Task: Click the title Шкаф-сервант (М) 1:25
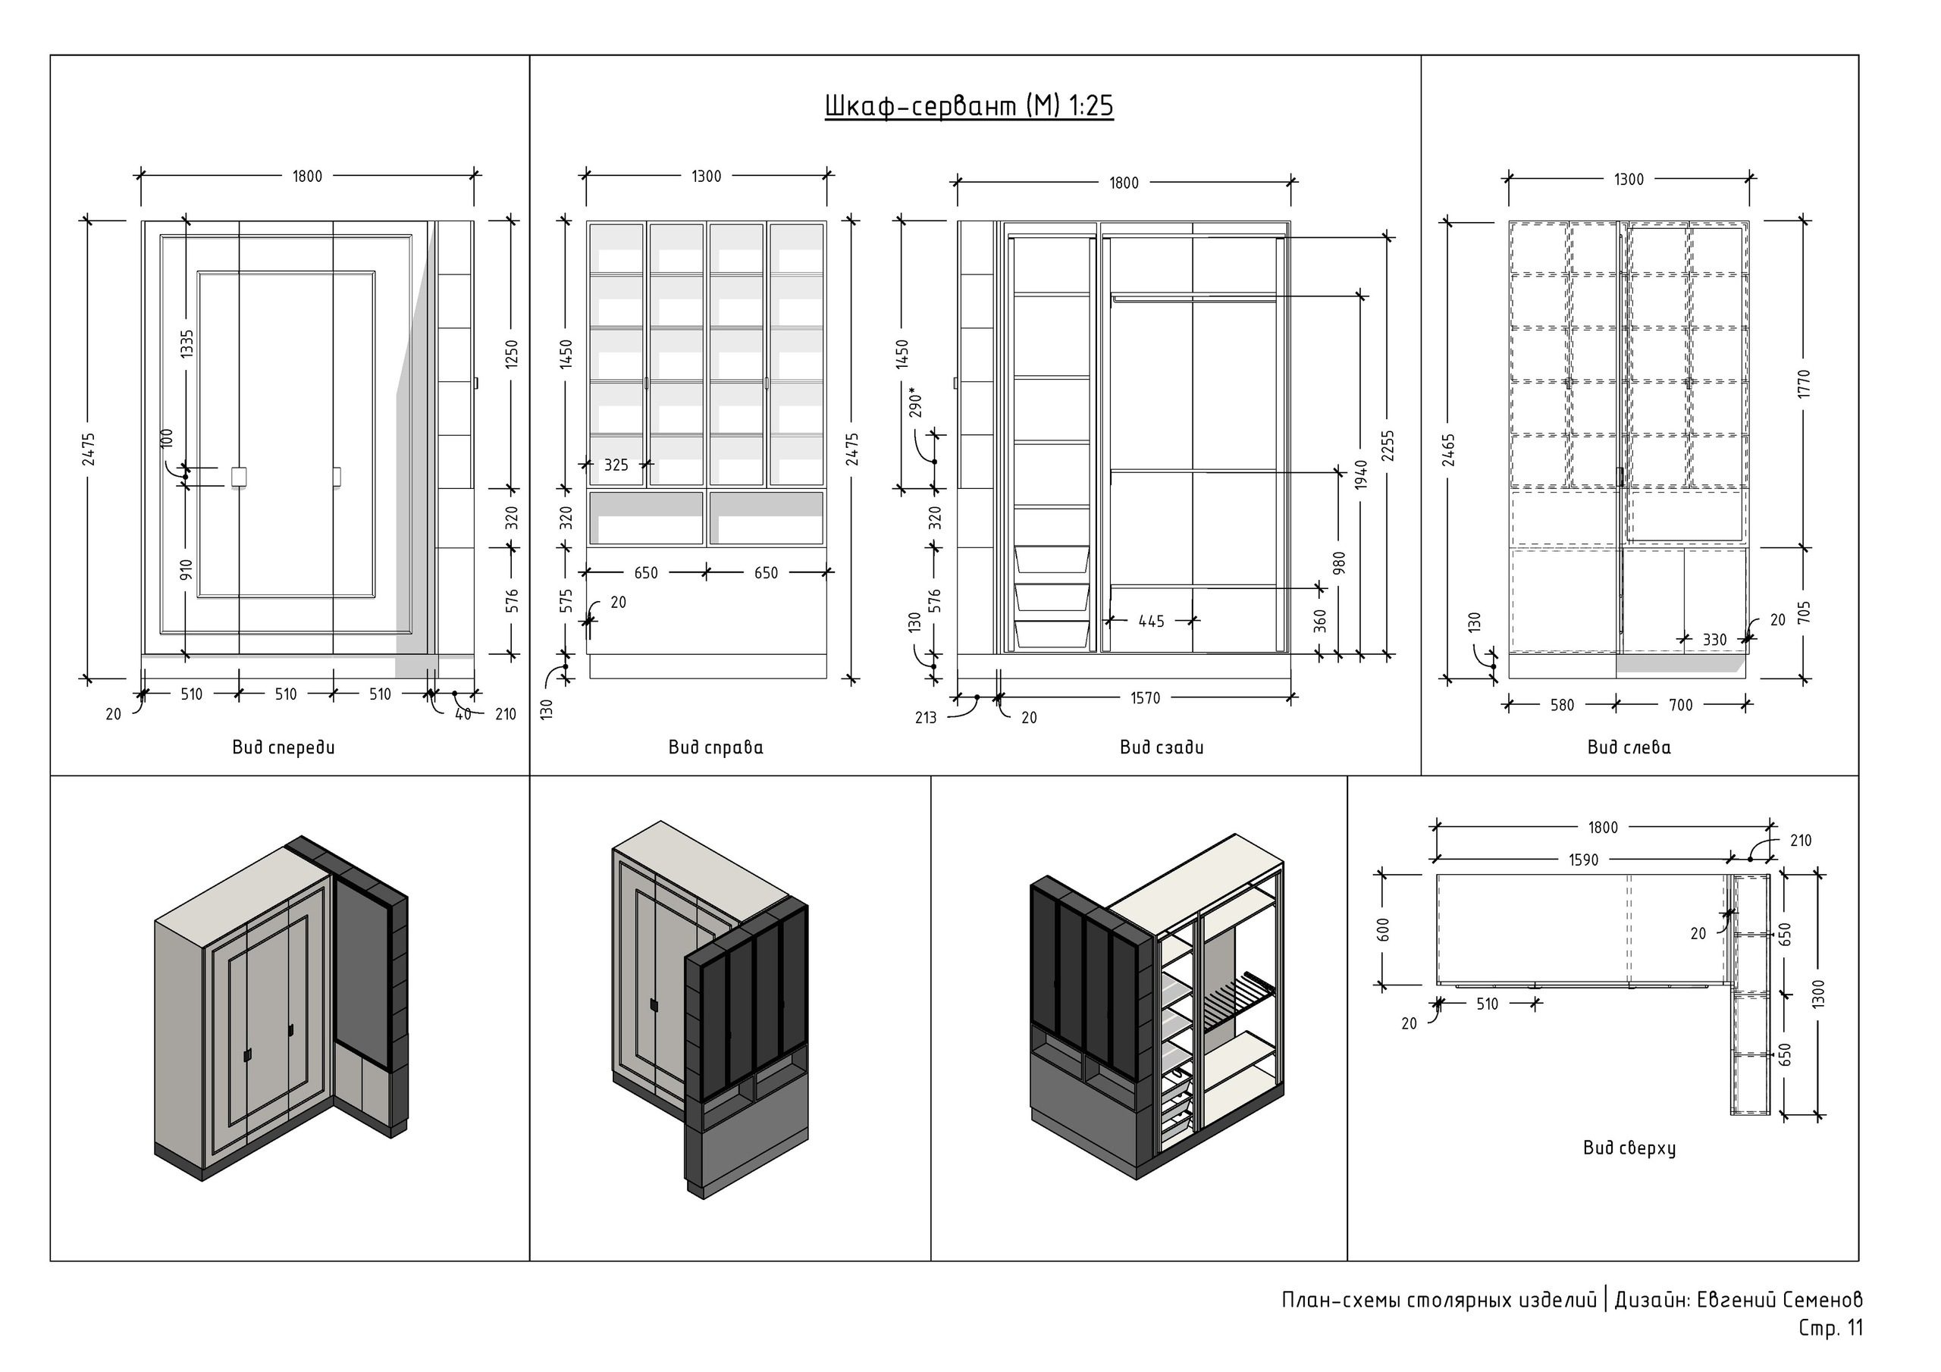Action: pyautogui.click(x=969, y=107)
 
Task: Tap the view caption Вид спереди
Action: pyautogui.click(x=284, y=747)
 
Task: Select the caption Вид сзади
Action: pyautogui.click(x=1162, y=747)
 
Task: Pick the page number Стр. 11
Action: pyautogui.click(x=1830, y=1328)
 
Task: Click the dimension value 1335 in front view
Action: pyautogui.click(x=187, y=343)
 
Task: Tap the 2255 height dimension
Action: pyautogui.click(x=1388, y=446)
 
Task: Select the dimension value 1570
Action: pyautogui.click(x=1146, y=698)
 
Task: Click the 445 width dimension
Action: pyautogui.click(x=1152, y=622)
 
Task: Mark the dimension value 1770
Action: pyautogui.click(x=1805, y=384)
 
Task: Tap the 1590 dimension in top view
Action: pyautogui.click(x=1583, y=860)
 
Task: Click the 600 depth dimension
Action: pyautogui.click(x=1384, y=930)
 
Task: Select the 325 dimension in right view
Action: pyautogui.click(x=616, y=465)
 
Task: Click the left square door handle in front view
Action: pyautogui.click(x=238, y=477)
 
